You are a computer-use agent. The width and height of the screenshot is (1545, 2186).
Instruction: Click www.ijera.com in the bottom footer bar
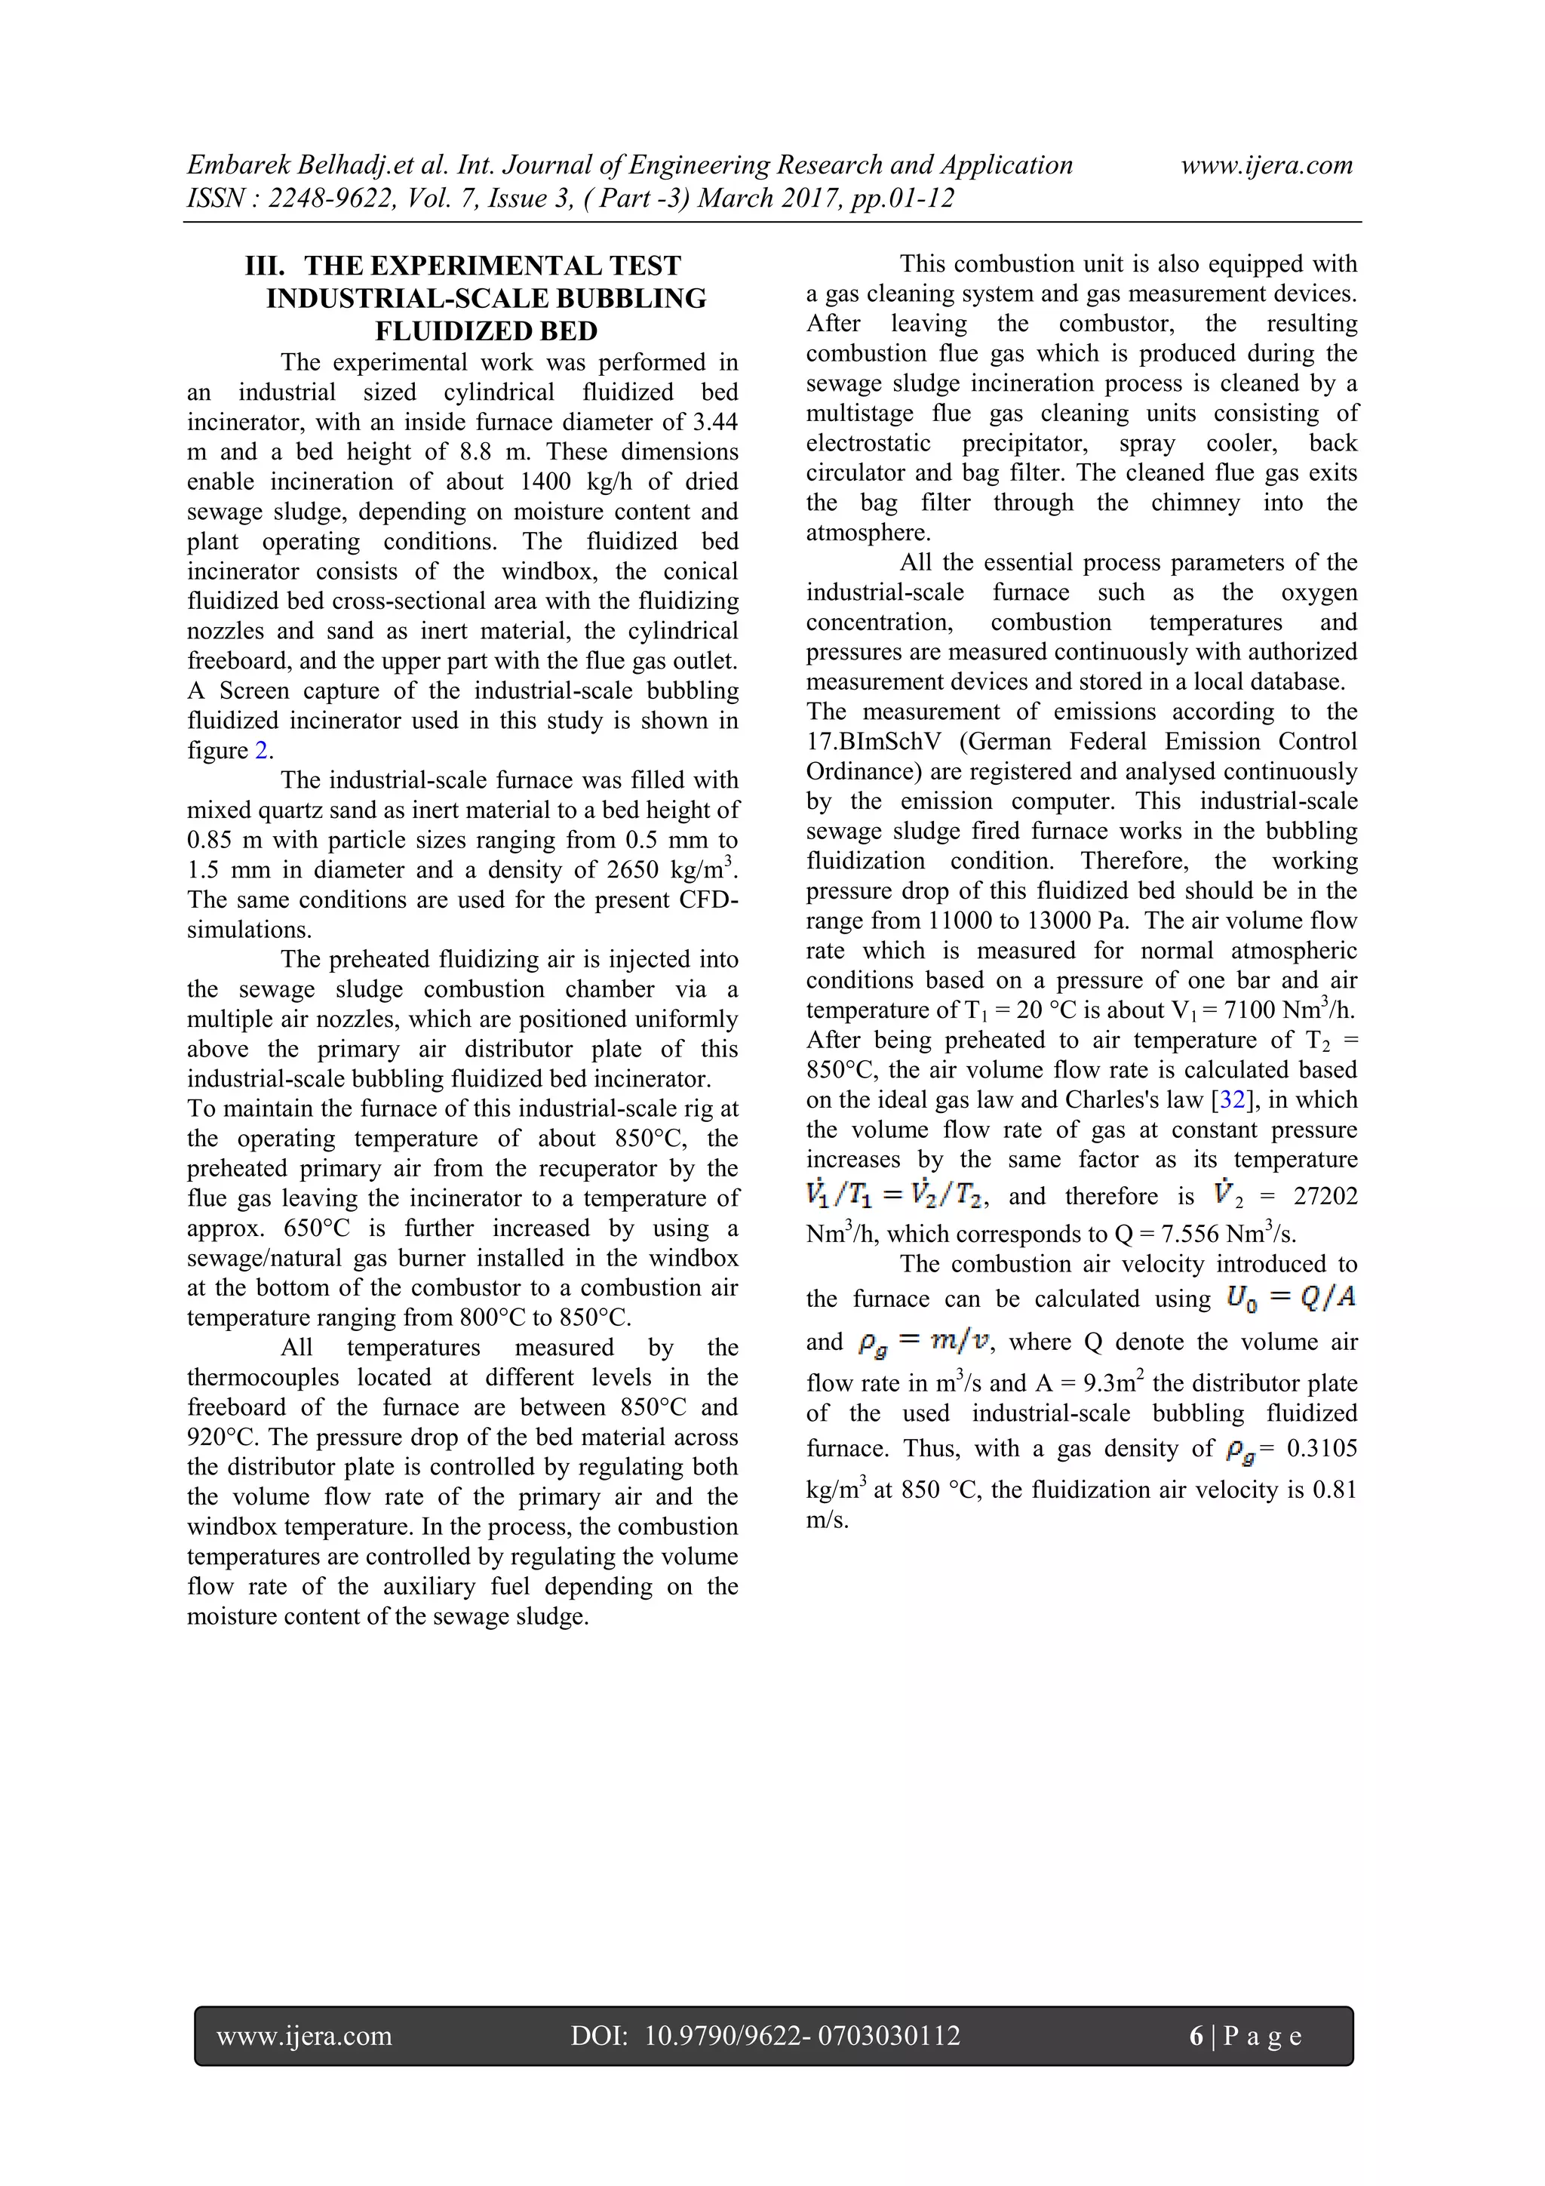(304, 2036)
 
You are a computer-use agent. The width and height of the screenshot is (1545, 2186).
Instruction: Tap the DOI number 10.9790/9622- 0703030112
(801, 2036)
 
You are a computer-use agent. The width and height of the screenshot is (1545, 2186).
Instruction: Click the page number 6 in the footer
(1196, 2036)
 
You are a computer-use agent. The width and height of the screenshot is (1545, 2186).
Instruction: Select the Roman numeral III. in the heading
(265, 266)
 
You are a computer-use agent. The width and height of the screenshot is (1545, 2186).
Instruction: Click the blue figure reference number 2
(261, 750)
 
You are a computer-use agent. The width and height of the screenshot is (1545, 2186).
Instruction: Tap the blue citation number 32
(1232, 1099)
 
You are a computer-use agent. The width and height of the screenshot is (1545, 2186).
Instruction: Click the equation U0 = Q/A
(1291, 1298)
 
